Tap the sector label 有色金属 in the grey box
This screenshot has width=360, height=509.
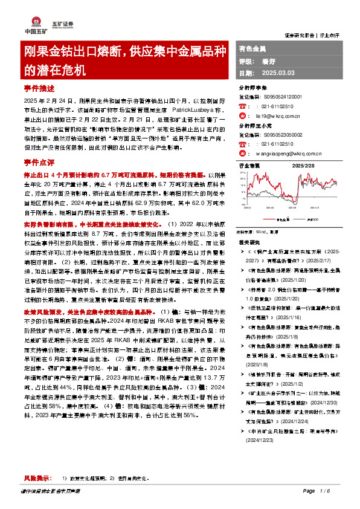pyautogui.click(x=252, y=47)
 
